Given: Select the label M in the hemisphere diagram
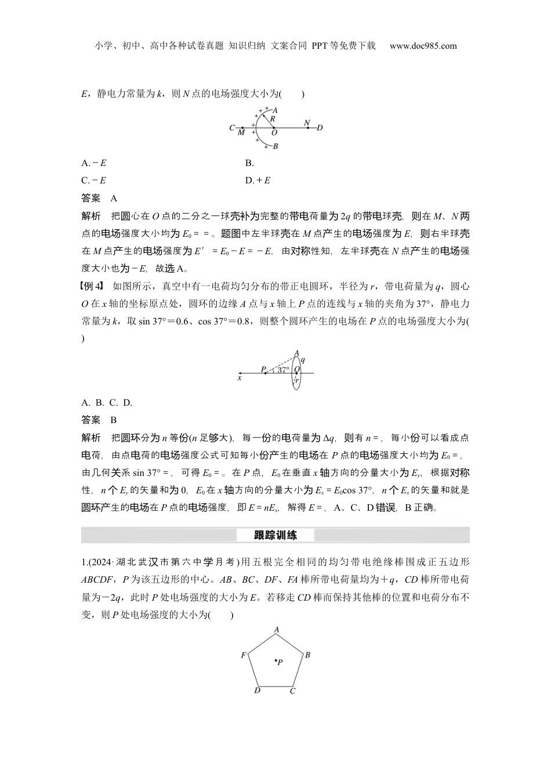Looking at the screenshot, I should (241, 133).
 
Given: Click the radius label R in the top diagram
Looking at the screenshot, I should (273, 118).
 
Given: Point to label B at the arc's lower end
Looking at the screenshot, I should (275, 146).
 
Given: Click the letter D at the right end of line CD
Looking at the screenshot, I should (320, 128).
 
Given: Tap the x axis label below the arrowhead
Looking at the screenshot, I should (239, 378).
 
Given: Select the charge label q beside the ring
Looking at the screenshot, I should (303, 360).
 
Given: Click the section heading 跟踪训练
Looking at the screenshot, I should (275, 535).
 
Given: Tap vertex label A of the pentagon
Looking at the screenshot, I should (277, 630).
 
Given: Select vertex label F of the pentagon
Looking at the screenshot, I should (244, 655).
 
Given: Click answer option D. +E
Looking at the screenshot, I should (258, 180).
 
